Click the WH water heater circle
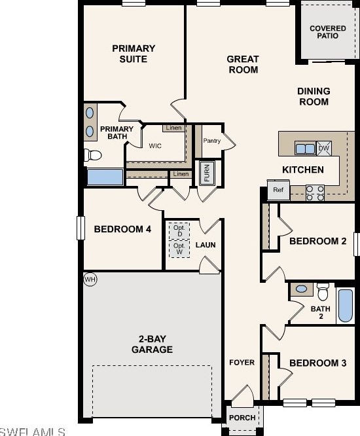(90, 279)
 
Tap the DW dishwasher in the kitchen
(324, 148)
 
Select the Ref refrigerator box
(278, 190)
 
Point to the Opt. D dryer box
(179, 231)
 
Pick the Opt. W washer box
(179, 249)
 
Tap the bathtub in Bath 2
(346, 306)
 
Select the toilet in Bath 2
(323, 292)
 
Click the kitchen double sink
(305, 149)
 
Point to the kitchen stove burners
(315, 193)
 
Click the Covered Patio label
(328, 32)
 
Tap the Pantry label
(212, 141)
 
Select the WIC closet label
(155, 146)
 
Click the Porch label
(242, 418)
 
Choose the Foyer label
(242, 362)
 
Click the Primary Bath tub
(105, 177)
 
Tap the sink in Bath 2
(302, 289)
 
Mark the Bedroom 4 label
(122, 229)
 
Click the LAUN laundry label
(206, 245)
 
